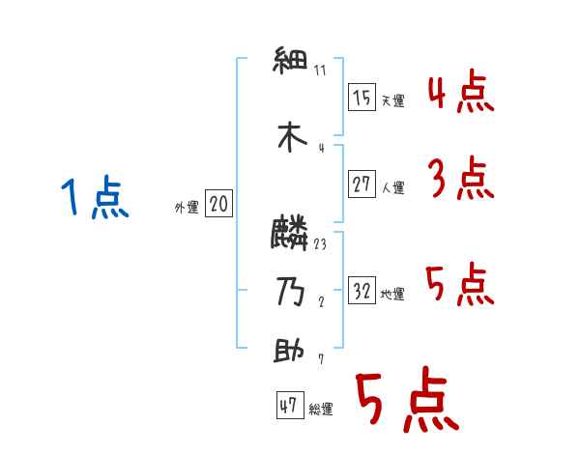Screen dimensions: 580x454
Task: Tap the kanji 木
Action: tap(292, 138)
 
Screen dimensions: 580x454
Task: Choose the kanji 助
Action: tap(292, 352)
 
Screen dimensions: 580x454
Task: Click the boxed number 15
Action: tap(362, 98)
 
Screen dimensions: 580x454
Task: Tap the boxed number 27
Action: tap(362, 184)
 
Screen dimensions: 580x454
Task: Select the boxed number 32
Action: tap(362, 291)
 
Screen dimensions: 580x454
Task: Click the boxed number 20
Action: tap(218, 204)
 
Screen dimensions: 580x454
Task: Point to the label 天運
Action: tap(392, 100)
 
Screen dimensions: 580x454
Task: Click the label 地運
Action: tap(392, 294)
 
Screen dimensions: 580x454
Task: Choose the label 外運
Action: tap(187, 207)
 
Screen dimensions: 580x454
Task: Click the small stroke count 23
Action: tap(320, 243)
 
